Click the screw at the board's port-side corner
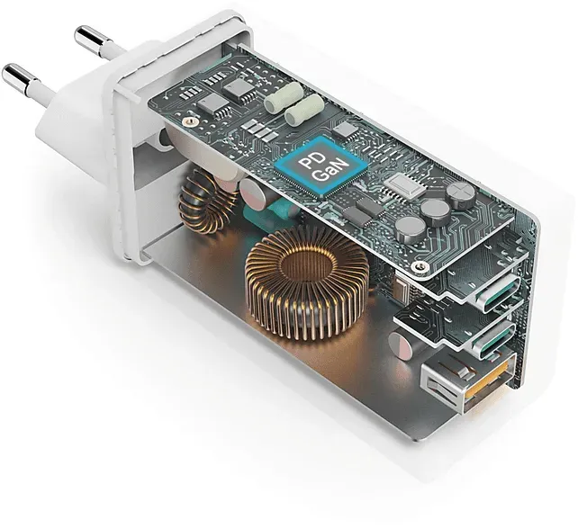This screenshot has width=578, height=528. (x=418, y=266)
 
